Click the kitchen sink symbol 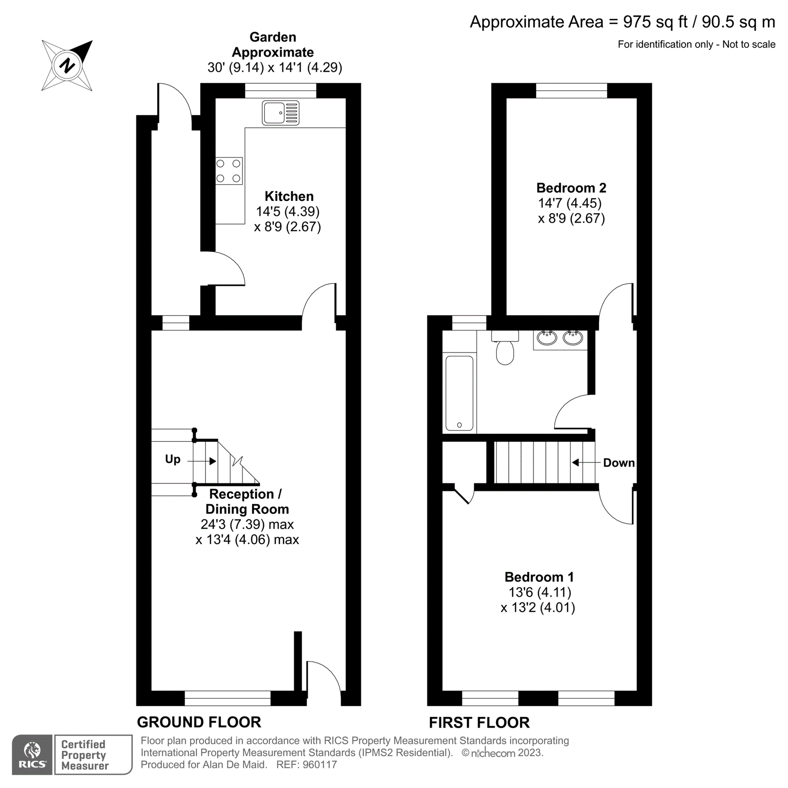tap(281, 113)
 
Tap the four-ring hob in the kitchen tap(229, 171)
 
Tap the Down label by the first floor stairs tap(619, 463)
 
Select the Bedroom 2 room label tap(571, 188)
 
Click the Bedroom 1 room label tap(539, 577)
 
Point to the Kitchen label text tap(289, 196)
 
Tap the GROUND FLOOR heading tap(199, 722)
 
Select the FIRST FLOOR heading tap(479, 722)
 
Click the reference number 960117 tap(320, 765)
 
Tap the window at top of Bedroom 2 tap(571, 91)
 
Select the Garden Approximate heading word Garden tap(273, 37)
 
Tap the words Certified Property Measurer tap(84, 755)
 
